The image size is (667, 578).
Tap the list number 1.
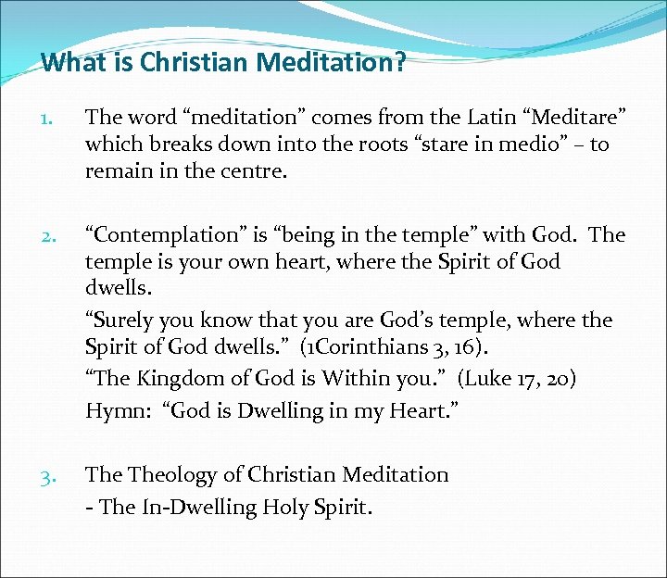pos(52,119)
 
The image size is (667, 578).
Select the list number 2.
pos(52,235)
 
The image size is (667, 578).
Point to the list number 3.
pos(52,476)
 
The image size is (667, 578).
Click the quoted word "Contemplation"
pos(162,235)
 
